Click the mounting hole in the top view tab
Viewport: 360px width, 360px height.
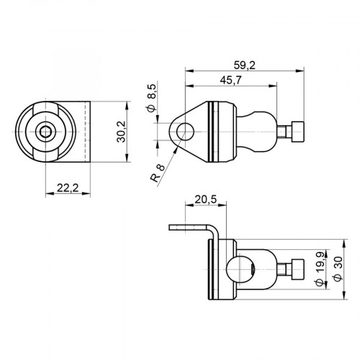click(185, 131)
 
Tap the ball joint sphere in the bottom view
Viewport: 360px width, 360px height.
click(238, 271)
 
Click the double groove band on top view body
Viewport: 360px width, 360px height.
click(212, 131)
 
